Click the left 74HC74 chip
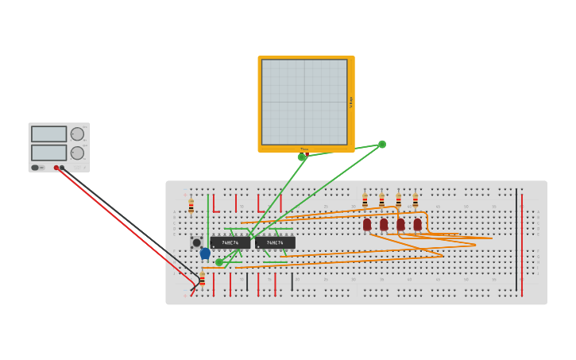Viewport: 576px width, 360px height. pyautogui.click(x=230, y=242)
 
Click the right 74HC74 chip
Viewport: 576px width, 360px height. pyautogui.click(x=275, y=242)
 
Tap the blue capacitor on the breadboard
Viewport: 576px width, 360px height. pyautogui.click(x=205, y=254)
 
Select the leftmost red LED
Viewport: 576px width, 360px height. pyautogui.click(x=367, y=225)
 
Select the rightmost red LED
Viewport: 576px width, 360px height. pyautogui.click(x=417, y=225)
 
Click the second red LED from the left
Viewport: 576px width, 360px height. pyautogui.click(x=384, y=225)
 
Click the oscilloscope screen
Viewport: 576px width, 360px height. pyautogui.click(x=304, y=102)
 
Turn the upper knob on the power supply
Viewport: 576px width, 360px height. pyautogui.click(x=77, y=134)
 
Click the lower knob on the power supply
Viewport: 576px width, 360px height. pyautogui.click(x=77, y=153)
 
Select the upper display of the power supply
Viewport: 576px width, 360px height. pyautogui.click(x=48, y=134)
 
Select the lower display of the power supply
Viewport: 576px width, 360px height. pyautogui.click(x=48, y=153)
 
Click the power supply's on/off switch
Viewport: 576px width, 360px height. pyautogui.click(x=36, y=168)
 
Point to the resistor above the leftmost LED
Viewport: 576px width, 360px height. pyautogui.click(x=365, y=201)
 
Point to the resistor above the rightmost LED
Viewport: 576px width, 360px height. pyautogui.click(x=415, y=201)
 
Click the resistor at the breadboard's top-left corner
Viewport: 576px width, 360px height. pyautogui.click(x=191, y=206)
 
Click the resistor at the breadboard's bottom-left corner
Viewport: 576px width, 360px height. pyautogui.click(x=202, y=279)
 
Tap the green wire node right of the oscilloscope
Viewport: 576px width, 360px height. pyautogui.click(x=382, y=145)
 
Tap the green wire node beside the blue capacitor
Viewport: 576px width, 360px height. pyautogui.click(x=219, y=262)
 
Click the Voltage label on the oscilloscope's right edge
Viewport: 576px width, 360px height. pyautogui.click(x=350, y=102)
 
